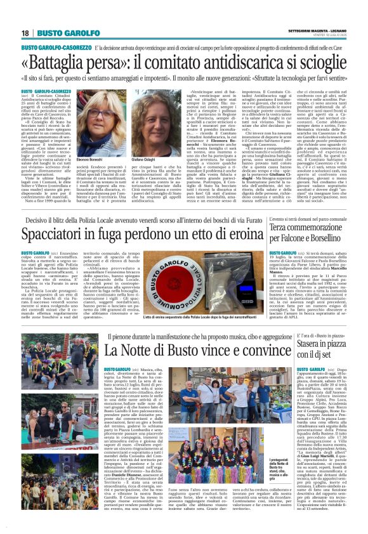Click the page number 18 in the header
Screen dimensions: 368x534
(x=25, y=32)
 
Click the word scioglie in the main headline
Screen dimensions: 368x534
(x=320, y=63)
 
